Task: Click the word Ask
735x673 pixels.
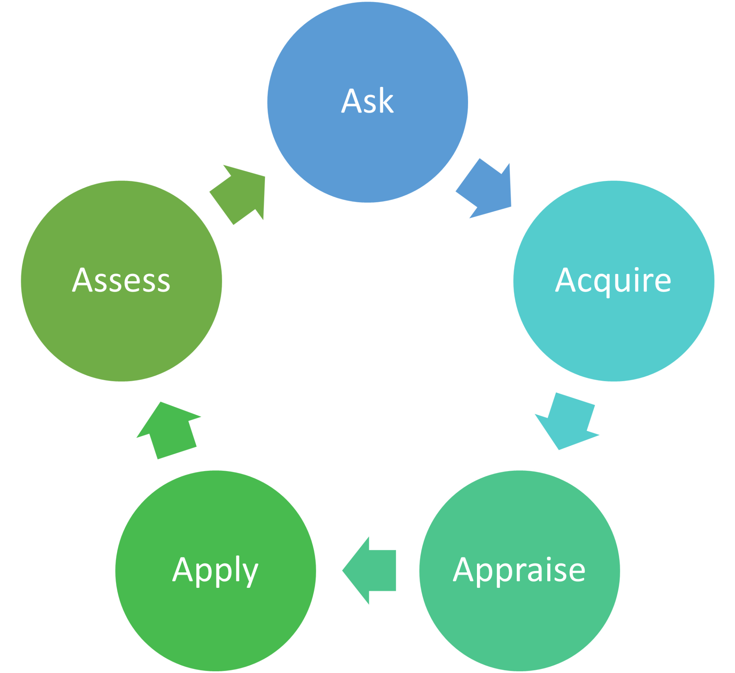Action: (x=367, y=101)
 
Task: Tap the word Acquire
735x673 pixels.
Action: (x=613, y=280)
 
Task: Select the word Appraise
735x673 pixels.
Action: (x=519, y=570)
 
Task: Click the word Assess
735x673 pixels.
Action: (x=121, y=280)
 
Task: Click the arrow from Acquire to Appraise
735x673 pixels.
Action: (x=567, y=421)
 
